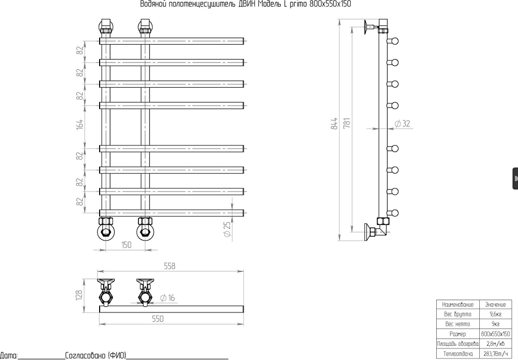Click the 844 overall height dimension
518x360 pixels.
coord(334,123)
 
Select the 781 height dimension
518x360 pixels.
coord(347,123)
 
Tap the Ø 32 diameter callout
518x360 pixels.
coord(402,124)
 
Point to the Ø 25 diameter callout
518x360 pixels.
coord(227,229)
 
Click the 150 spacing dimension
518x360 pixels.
coord(126,245)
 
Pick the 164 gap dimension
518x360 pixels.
coord(80,124)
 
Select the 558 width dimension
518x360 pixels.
coord(169,266)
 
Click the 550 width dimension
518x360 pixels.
coord(158,319)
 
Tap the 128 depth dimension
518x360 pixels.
coord(79,296)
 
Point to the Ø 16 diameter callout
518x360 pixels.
coord(167,298)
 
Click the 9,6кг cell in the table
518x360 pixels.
coord(495,314)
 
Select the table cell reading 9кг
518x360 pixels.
coord(495,324)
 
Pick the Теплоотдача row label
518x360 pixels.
coord(458,354)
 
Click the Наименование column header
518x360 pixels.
coord(458,304)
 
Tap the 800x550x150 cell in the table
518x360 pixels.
coord(495,334)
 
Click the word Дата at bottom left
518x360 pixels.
coord(8,356)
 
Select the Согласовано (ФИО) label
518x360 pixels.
coord(96,355)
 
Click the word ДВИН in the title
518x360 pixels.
coord(247,4)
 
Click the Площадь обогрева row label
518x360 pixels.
coord(458,344)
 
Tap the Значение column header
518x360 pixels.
coord(495,304)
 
